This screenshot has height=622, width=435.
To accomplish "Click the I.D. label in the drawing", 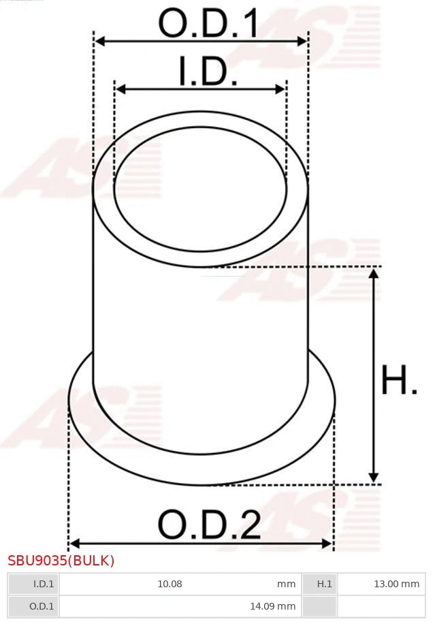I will (208, 72).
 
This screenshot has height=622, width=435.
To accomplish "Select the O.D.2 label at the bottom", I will (209, 525).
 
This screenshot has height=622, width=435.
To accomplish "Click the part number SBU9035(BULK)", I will (61, 561).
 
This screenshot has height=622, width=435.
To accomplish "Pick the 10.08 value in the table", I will (170, 584).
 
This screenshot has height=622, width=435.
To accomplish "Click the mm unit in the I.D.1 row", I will (287, 584).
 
